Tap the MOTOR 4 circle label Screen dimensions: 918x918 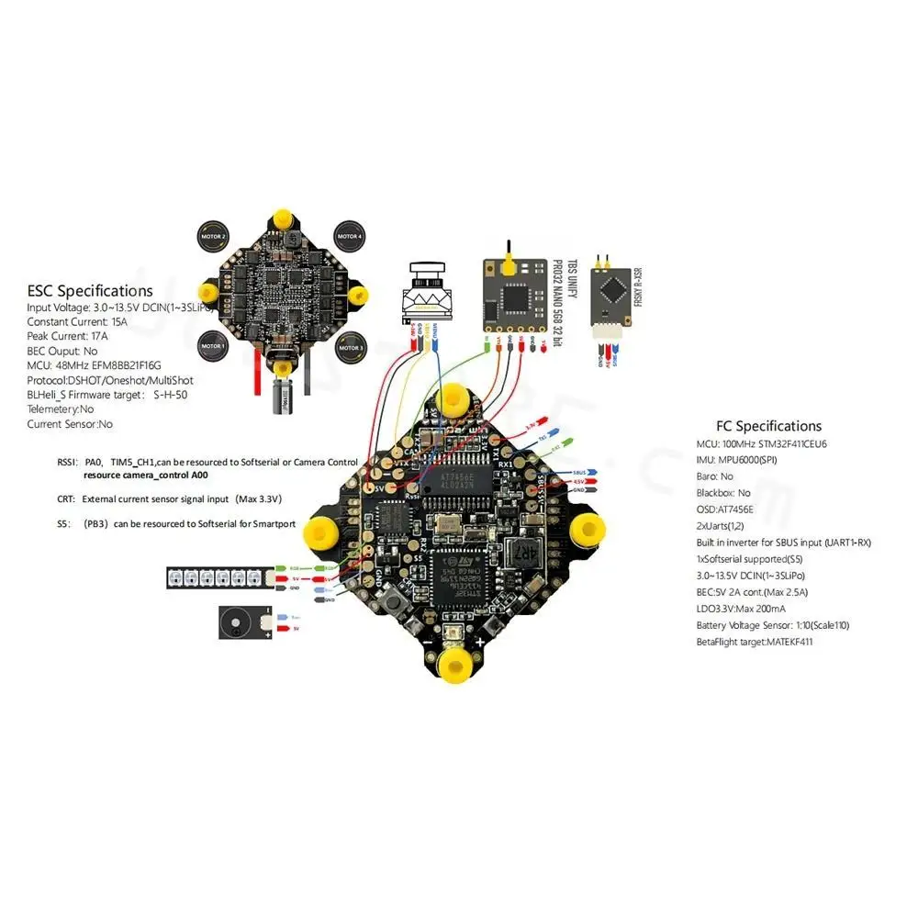(x=349, y=235)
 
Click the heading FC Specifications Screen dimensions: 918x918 (x=768, y=426)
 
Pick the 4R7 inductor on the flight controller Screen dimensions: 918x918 (x=522, y=554)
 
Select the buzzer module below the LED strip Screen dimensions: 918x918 (x=242, y=622)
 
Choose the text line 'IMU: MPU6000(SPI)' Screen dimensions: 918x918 (x=737, y=459)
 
